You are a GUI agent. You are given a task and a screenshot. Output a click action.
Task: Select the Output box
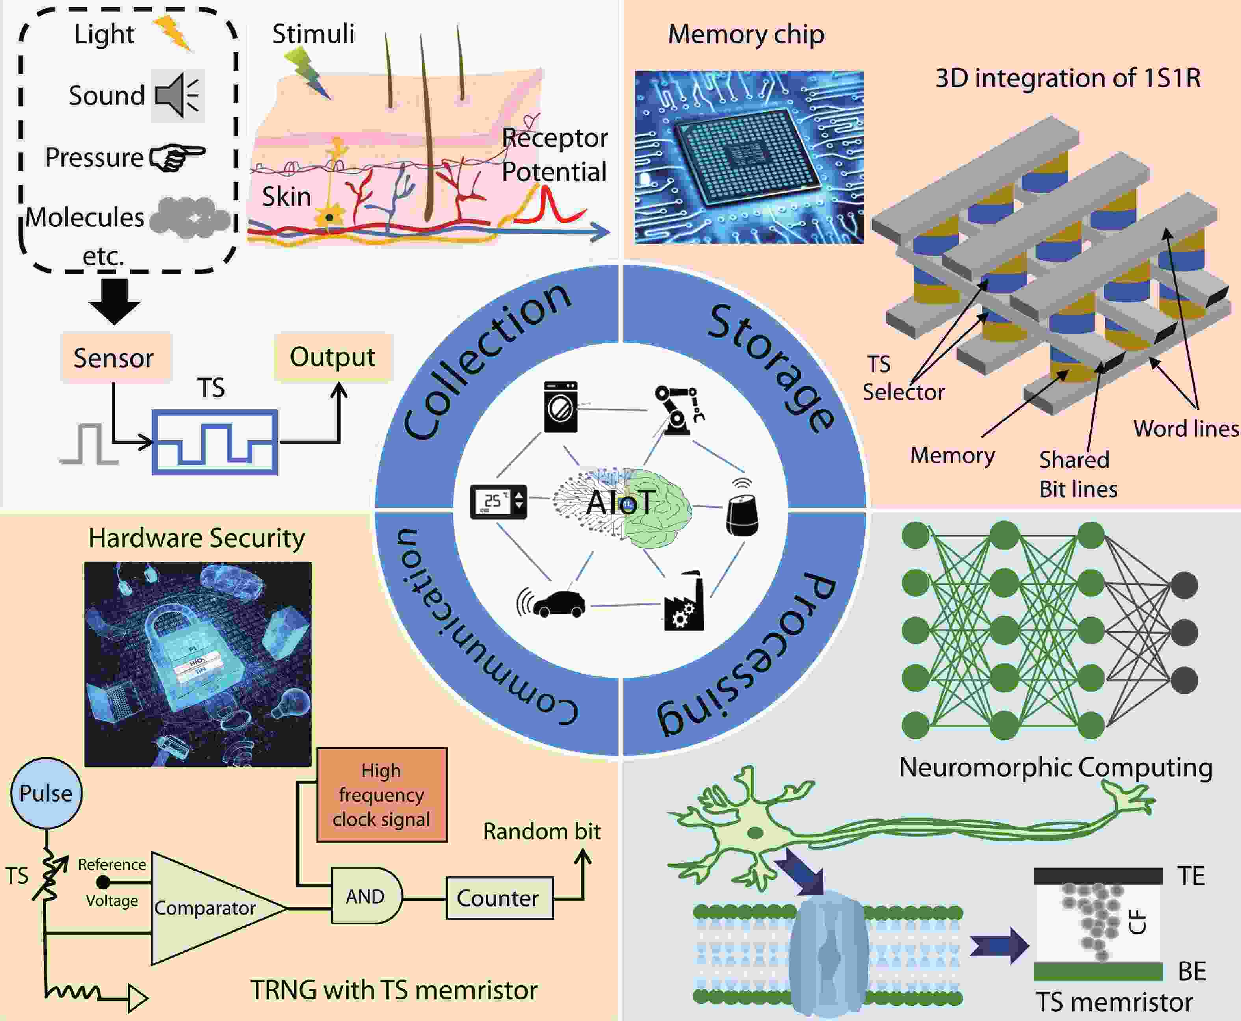[x=332, y=357]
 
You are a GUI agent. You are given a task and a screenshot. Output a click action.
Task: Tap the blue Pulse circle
[x=46, y=793]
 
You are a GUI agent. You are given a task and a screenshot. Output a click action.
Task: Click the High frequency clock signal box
[x=382, y=795]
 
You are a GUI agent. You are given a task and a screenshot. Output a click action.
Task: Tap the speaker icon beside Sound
[x=178, y=95]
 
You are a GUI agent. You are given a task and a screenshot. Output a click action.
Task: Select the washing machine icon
[x=561, y=407]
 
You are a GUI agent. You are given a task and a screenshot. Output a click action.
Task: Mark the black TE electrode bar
[x=1098, y=876]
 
